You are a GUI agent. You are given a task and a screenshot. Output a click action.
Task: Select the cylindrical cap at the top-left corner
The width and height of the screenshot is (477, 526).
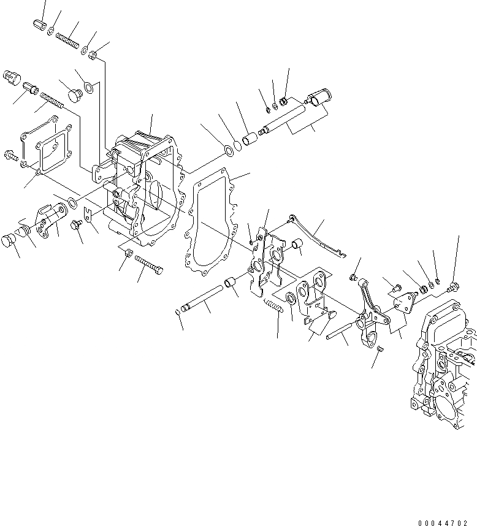[40, 25]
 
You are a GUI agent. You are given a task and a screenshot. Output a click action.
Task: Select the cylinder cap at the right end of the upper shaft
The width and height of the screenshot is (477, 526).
[318, 97]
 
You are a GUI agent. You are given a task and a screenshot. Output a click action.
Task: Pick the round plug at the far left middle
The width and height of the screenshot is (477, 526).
[10, 240]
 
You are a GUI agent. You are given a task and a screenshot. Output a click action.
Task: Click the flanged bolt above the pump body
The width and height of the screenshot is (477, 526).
[453, 286]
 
